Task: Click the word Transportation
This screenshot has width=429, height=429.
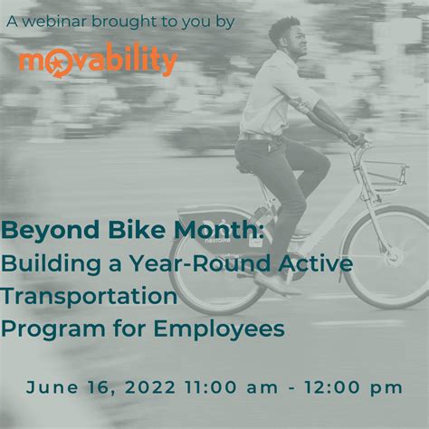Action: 89,295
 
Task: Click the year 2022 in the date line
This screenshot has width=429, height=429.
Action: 150,387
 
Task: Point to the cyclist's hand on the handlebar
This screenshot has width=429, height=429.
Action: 357,139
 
